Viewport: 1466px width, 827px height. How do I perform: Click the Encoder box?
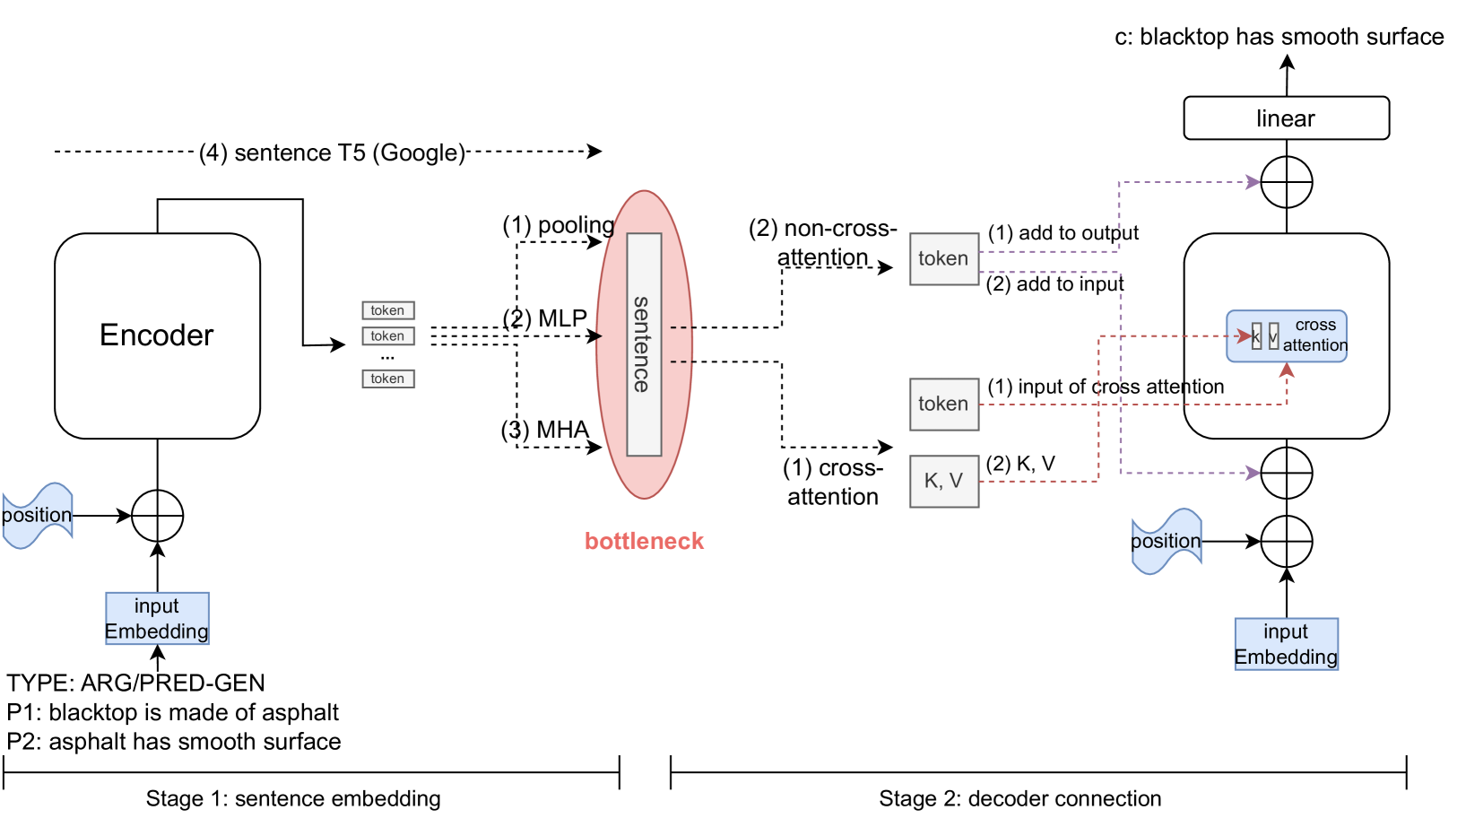point(157,335)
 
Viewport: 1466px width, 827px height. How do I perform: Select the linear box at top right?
point(1286,118)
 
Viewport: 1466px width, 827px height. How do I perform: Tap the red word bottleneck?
point(644,541)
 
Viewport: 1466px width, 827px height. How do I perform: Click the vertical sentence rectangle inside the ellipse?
point(644,344)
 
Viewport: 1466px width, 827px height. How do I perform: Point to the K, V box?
point(944,482)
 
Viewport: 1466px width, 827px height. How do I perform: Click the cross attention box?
point(1287,335)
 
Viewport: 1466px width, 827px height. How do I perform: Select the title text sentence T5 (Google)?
point(332,152)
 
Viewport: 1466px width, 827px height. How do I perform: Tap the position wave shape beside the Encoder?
point(37,515)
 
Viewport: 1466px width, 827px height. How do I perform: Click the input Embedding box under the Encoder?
point(157,618)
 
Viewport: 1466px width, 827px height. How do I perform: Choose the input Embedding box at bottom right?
point(1286,644)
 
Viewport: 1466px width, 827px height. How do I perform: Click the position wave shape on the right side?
point(1166,541)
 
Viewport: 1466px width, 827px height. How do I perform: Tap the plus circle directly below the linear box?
point(1286,182)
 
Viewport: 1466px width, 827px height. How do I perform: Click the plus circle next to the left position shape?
point(157,516)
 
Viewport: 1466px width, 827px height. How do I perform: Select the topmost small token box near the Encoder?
point(387,310)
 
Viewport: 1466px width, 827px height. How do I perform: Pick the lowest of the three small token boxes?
point(387,379)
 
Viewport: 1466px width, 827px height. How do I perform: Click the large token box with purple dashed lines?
point(944,259)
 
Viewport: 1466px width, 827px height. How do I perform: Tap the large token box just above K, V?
point(944,405)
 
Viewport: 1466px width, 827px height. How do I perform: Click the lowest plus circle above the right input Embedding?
point(1286,541)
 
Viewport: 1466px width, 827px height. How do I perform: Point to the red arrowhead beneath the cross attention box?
point(1287,370)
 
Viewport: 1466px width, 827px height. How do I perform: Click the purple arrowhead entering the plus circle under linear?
point(1253,182)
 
